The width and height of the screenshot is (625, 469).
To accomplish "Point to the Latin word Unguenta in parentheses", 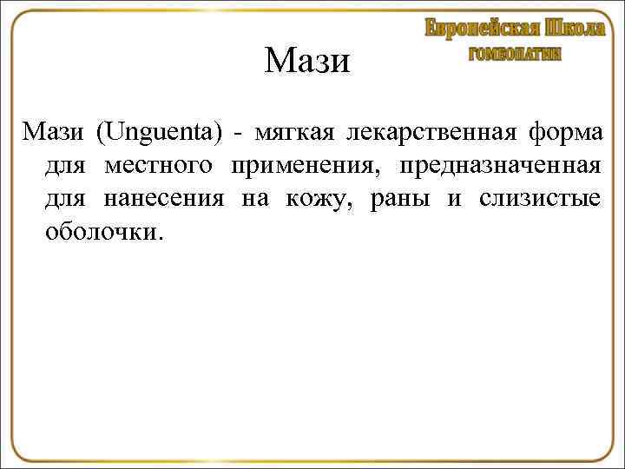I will [x=161, y=134].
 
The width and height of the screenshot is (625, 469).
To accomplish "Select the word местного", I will [x=162, y=167].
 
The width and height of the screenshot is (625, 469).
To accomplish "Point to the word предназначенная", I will [x=499, y=167].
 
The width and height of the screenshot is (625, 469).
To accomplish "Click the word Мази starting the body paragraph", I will [x=53, y=134].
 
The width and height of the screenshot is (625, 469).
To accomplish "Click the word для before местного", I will [x=64, y=167].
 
